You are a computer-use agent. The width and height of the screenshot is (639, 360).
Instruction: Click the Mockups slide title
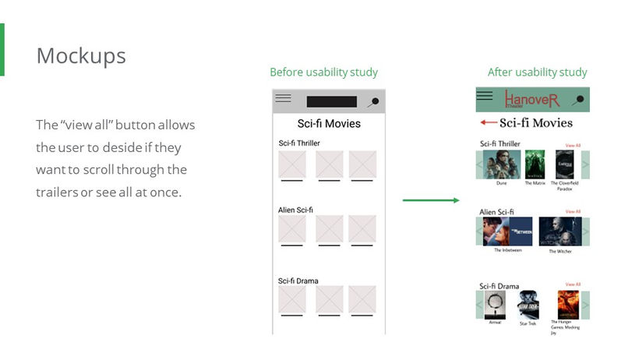tap(81, 56)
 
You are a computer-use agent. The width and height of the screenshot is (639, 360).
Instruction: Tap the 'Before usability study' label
tap(323, 72)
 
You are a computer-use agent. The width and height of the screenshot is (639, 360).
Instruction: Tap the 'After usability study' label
tap(537, 72)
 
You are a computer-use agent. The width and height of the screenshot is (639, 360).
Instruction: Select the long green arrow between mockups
tap(431, 200)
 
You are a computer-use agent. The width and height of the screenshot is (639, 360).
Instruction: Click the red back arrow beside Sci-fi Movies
tap(489, 122)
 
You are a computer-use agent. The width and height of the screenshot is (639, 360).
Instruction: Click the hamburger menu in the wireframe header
tap(284, 99)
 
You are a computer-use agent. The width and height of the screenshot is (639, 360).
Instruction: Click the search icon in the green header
tap(578, 100)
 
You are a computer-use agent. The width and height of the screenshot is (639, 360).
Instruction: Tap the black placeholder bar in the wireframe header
tap(331, 101)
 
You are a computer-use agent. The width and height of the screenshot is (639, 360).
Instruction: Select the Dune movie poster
tap(502, 164)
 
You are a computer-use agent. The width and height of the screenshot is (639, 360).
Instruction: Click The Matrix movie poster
tap(535, 164)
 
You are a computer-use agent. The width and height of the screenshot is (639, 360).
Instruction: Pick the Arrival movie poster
tap(495, 305)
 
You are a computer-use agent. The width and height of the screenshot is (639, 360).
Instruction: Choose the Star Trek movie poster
tap(528, 305)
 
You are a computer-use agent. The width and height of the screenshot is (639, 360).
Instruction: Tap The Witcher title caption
tap(560, 251)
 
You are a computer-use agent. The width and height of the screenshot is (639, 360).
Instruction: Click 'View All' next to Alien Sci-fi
tap(573, 211)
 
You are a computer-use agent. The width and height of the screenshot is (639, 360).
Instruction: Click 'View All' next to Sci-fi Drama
tap(573, 284)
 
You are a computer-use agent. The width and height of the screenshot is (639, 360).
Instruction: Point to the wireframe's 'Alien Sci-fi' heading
tap(295, 210)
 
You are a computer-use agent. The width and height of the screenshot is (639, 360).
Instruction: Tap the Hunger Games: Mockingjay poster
tap(567, 304)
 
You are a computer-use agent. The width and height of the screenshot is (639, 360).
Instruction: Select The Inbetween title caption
tap(508, 250)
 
